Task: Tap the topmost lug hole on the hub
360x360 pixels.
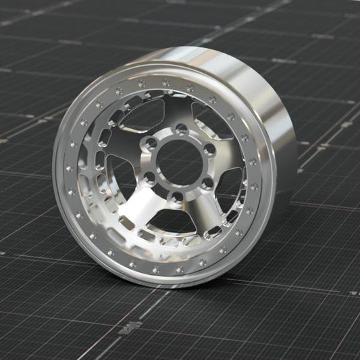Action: tap(180, 128)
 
